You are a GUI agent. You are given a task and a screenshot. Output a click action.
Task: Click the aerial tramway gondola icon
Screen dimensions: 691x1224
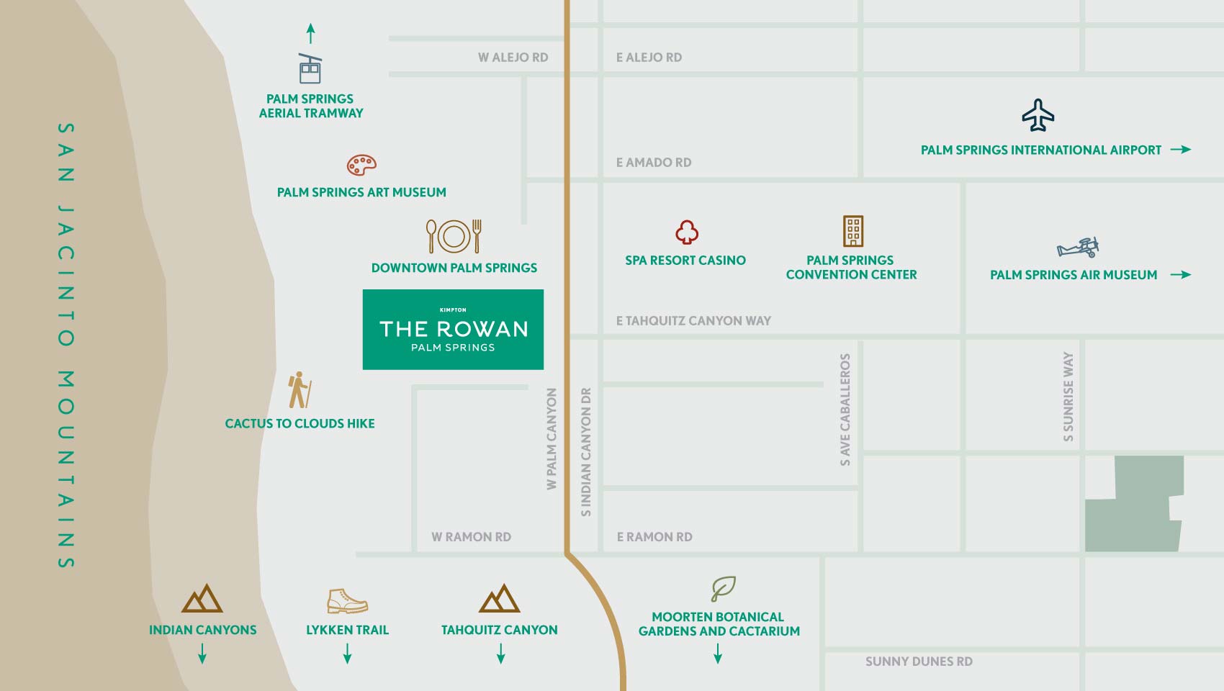pyautogui.click(x=310, y=69)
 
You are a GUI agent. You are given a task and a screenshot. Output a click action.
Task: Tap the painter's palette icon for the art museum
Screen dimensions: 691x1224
pyautogui.click(x=361, y=165)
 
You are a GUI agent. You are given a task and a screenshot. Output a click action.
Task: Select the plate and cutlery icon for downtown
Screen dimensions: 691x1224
pyautogui.click(x=454, y=236)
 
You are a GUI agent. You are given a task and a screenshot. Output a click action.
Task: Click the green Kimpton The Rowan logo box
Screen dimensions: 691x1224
pyautogui.click(x=453, y=330)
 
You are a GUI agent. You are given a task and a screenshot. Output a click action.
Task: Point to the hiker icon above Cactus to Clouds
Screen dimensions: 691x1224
pyautogui.click(x=299, y=390)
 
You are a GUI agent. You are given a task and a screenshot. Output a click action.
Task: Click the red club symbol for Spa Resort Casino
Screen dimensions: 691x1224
pyautogui.click(x=687, y=232)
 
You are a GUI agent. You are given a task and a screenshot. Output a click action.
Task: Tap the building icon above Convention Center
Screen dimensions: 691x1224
pyautogui.click(x=853, y=231)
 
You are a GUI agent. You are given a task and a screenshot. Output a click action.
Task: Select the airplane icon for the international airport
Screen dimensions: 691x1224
pyautogui.click(x=1038, y=115)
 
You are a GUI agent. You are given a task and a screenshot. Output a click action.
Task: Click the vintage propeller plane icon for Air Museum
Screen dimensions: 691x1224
pyautogui.click(x=1078, y=248)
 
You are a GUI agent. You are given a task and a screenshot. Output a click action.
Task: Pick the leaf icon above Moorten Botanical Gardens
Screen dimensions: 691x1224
pyautogui.click(x=723, y=588)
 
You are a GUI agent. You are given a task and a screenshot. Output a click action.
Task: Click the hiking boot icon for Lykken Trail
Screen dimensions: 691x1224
pyautogui.click(x=347, y=600)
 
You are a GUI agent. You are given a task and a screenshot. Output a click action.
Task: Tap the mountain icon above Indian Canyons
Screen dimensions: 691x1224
pyautogui.click(x=202, y=598)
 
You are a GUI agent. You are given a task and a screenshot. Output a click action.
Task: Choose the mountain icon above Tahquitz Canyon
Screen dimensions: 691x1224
pyautogui.click(x=499, y=598)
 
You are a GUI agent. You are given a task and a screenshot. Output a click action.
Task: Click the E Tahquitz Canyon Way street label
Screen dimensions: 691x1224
pyautogui.click(x=693, y=321)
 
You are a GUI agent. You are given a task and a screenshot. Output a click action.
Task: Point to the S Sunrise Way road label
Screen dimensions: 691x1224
pyautogui.click(x=1068, y=397)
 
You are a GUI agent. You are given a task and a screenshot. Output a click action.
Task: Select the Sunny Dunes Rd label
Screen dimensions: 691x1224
pyautogui.click(x=919, y=661)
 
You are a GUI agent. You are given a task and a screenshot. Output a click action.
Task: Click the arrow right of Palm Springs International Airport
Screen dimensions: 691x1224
pyautogui.click(x=1181, y=150)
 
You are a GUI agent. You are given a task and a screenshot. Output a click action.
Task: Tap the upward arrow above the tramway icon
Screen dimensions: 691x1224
pyautogui.click(x=310, y=33)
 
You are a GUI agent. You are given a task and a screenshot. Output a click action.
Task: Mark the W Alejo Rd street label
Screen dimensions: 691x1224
pyautogui.click(x=513, y=58)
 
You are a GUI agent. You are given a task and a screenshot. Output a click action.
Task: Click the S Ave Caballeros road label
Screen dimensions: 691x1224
pyautogui.click(x=845, y=410)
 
